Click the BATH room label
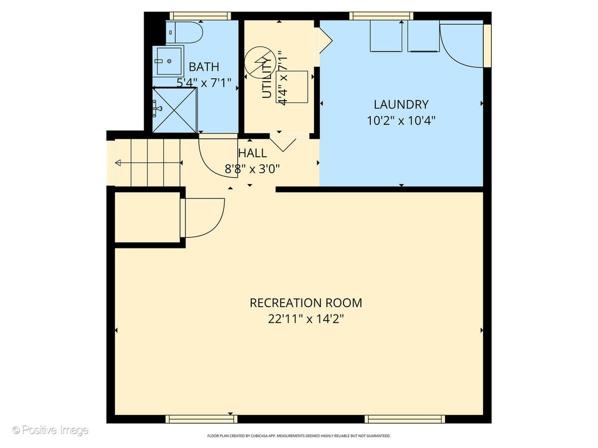[204, 67]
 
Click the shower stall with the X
[174, 110]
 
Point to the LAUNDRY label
[401, 105]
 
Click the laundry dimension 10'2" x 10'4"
[401, 120]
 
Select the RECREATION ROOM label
[306, 303]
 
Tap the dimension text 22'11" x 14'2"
[306, 319]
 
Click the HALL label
[253, 153]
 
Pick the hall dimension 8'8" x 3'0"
[252, 169]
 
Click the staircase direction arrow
[149, 163]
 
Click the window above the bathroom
[200, 16]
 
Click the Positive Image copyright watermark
[50, 430]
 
